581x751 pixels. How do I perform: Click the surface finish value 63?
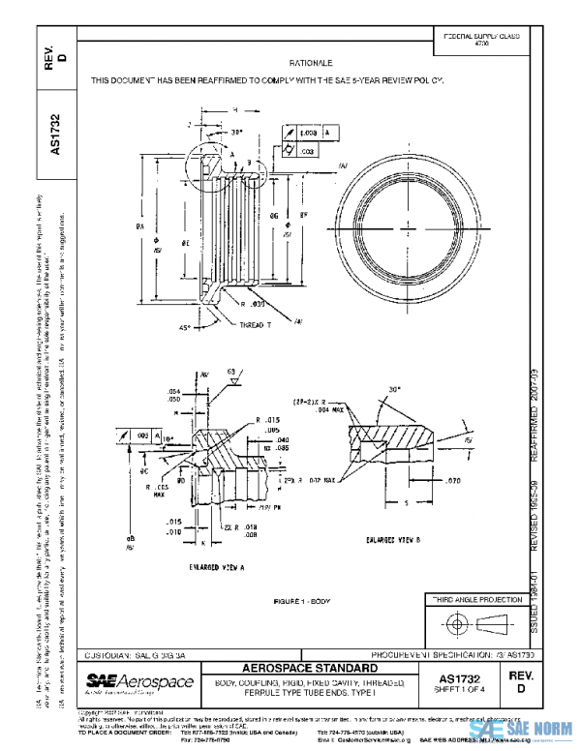tap(232, 371)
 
